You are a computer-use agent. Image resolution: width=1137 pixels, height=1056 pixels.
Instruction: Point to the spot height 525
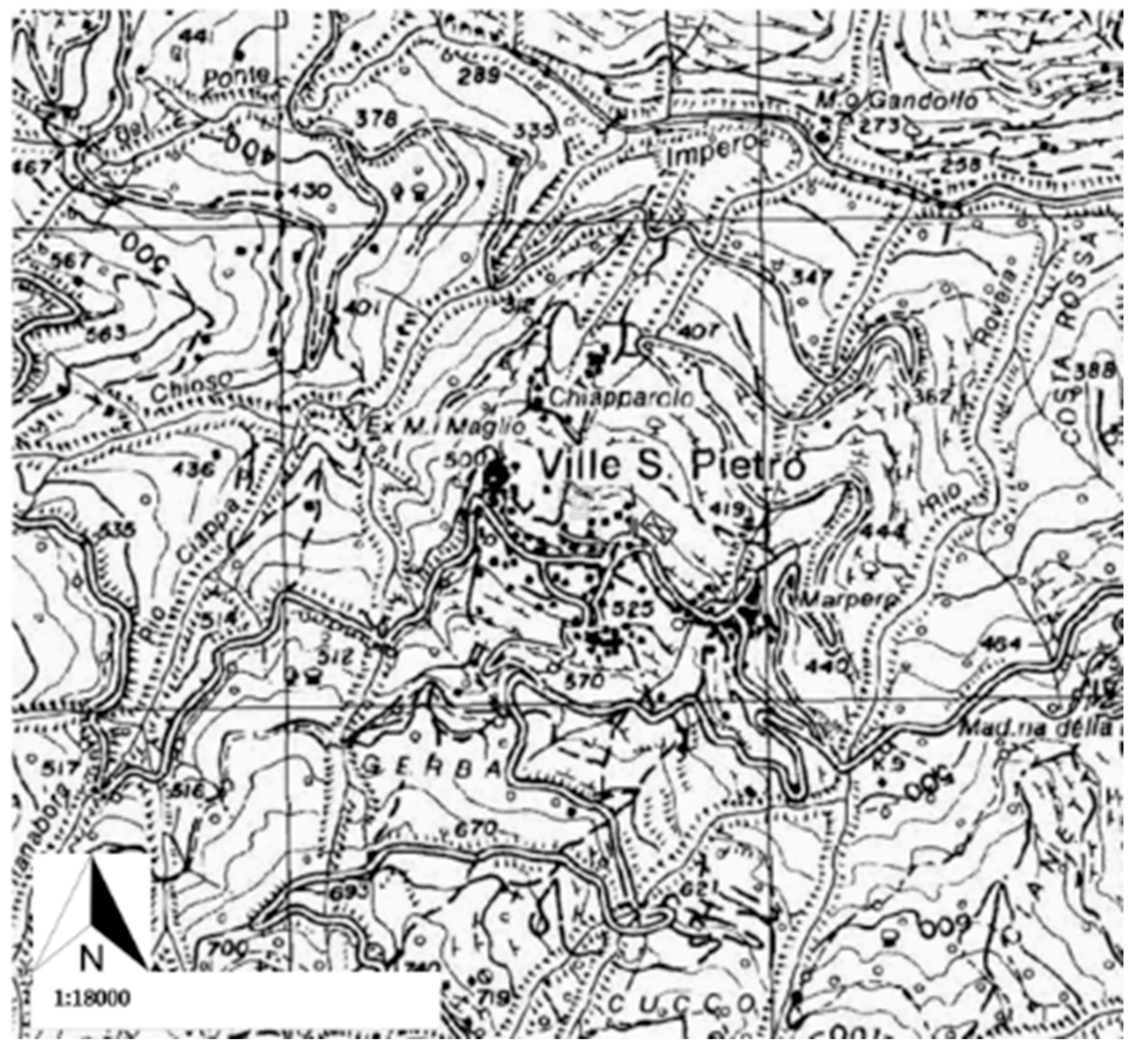click(x=630, y=609)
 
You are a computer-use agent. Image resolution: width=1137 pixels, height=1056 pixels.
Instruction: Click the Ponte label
click(x=235, y=76)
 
